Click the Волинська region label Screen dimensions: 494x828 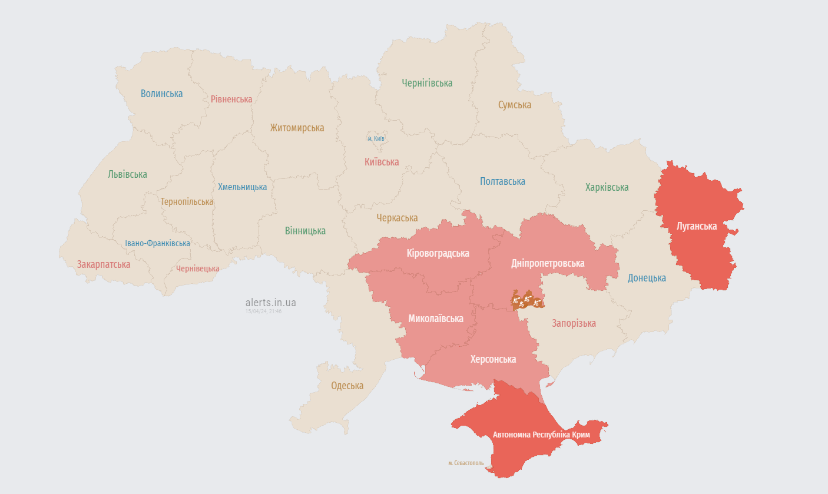pos(161,94)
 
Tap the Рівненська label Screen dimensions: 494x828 pos(231,100)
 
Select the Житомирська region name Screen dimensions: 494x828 pos(297,128)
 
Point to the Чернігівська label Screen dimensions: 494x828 pos(427,83)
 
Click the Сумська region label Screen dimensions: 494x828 pos(514,105)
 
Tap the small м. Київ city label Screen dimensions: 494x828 pos(376,138)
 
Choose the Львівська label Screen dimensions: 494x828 pos(127,174)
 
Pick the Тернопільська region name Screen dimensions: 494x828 pos(187,201)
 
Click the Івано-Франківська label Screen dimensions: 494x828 pos(157,243)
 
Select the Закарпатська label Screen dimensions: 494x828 pos(104,264)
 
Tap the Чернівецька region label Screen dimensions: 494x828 pos(197,268)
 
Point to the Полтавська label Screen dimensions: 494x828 pos(502,181)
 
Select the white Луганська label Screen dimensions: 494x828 pos(697,226)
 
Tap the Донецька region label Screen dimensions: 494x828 pos(647,278)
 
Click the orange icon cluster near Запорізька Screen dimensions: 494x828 pos(526,300)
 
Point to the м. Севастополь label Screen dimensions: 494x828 pos(465,463)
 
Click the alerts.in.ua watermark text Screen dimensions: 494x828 pos(270,303)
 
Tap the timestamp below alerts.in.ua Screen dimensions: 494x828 pos(263,311)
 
